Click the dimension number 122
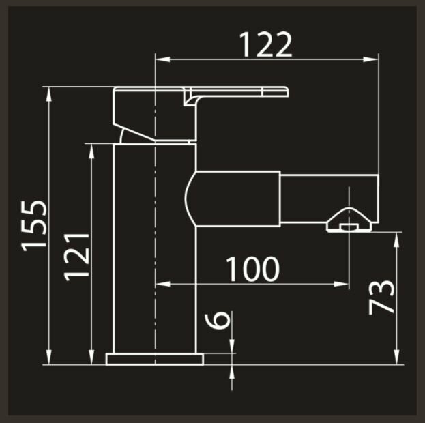[265, 45]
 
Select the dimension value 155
[34, 225]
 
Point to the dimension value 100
[252, 269]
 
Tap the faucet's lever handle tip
[285, 91]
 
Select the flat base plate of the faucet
[155, 359]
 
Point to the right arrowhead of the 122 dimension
[375, 59]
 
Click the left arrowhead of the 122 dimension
[161, 59]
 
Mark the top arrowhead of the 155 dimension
[49, 91]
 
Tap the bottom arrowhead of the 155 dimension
[49, 360]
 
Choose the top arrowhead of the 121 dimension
[91, 147]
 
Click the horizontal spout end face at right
[377, 198]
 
